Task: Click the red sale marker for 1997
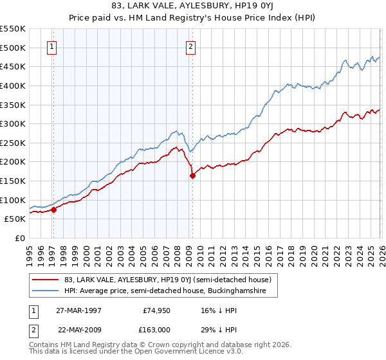(x=54, y=209)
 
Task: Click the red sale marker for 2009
(x=192, y=175)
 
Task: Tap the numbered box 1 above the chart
(x=51, y=46)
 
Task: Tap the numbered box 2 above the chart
(x=191, y=46)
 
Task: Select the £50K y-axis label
(x=15, y=219)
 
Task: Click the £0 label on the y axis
(x=19, y=238)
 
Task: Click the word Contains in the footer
(x=44, y=346)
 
